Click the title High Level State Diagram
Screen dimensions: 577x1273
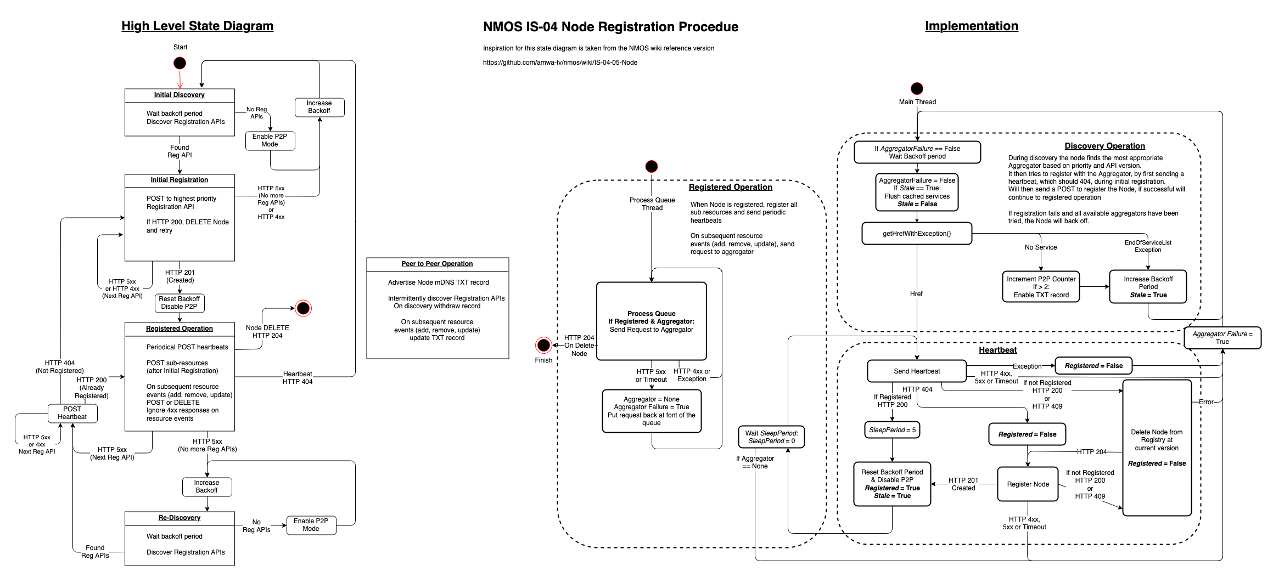click(x=197, y=26)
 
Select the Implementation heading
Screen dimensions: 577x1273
click(x=971, y=26)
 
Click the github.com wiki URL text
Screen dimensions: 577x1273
click(x=560, y=63)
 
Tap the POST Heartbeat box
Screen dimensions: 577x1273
click(x=72, y=413)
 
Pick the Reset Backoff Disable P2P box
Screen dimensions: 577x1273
click(x=180, y=303)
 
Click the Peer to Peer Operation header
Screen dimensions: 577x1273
click(x=437, y=264)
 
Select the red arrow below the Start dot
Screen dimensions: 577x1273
click(x=180, y=80)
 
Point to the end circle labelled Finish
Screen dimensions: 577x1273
click(x=543, y=345)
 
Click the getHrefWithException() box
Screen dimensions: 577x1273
click(x=917, y=233)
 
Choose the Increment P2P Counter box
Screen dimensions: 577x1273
click(x=1041, y=287)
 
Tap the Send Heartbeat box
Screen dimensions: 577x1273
click(x=917, y=371)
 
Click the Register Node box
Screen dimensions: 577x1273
click(x=1028, y=484)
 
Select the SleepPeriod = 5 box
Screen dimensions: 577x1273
click(x=892, y=430)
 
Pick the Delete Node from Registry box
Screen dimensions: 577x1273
click(x=1157, y=448)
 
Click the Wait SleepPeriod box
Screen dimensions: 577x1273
click(x=771, y=437)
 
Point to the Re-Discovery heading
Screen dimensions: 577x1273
click(x=180, y=518)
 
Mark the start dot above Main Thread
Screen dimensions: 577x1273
click(x=917, y=88)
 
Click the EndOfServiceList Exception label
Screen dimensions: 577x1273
click(x=1148, y=246)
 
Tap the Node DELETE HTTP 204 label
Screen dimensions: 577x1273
click(x=267, y=332)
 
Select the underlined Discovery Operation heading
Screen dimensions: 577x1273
click(x=1104, y=146)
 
